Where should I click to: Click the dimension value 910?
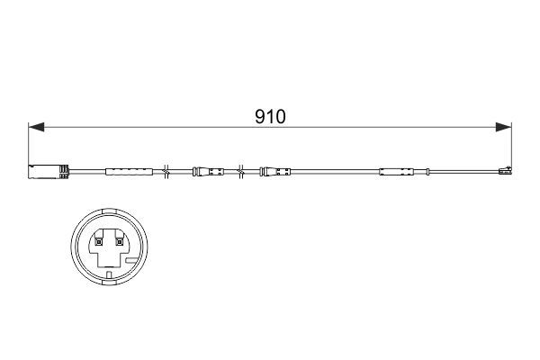[x=271, y=118]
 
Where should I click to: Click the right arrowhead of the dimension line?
[x=505, y=128]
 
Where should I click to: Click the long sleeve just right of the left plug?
[x=125, y=170]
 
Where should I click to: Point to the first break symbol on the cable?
[x=166, y=170]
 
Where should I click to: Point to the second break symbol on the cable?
[x=240, y=170]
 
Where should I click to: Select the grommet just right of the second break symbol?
[x=275, y=170]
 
